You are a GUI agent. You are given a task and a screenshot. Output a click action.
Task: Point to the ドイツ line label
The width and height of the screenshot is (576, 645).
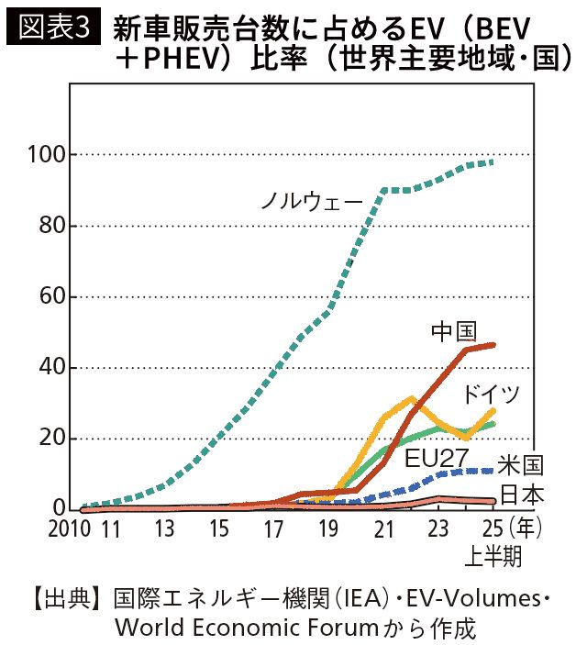492,394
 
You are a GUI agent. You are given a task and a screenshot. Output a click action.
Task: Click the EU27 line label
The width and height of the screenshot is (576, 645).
433,456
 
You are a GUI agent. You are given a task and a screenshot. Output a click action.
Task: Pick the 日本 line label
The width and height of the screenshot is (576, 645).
521,495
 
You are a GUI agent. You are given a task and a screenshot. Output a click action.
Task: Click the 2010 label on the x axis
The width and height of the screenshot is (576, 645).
69,529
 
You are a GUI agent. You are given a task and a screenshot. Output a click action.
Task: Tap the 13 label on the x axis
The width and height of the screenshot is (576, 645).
165,529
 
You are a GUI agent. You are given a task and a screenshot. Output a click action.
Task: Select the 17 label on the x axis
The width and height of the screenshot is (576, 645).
274,529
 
